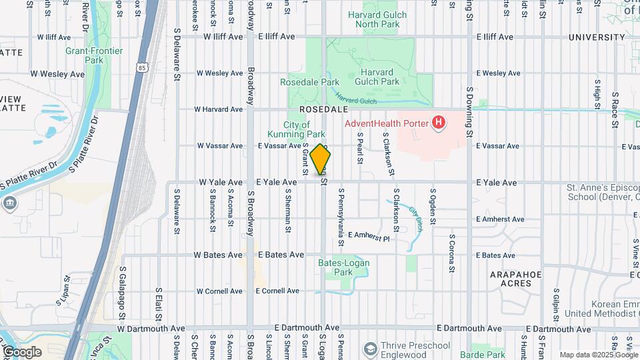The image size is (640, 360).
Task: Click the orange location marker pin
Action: (x=321, y=159)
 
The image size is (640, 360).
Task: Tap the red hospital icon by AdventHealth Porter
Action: (x=439, y=123)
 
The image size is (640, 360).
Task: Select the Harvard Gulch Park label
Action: (x=380, y=77)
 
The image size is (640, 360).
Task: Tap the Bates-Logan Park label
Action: (x=343, y=267)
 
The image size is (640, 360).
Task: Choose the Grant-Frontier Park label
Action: (x=85, y=55)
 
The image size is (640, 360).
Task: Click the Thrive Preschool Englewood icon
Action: (x=370, y=349)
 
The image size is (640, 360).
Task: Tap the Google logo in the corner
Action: (x=22, y=351)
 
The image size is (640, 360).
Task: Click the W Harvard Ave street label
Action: (x=219, y=109)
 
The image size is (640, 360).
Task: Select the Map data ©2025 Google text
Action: (x=597, y=355)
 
